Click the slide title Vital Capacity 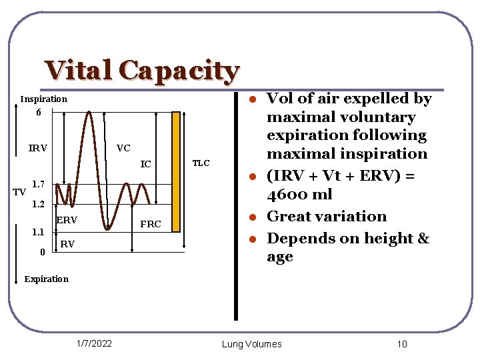(142, 71)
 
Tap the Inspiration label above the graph (44, 99)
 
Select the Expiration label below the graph (46, 279)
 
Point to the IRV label (38, 148)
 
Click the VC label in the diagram (123, 148)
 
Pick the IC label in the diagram (145, 164)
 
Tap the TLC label (201, 163)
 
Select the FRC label (151, 224)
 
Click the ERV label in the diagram (67, 220)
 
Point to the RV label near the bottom (67, 245)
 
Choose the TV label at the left (20, 192)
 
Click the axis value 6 (39, 113)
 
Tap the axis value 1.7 (39, 183)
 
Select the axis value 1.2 (39, 203)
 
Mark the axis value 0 (42, 252)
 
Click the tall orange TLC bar (176, 171)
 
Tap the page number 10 (401, 344)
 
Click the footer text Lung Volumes (251, 344)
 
